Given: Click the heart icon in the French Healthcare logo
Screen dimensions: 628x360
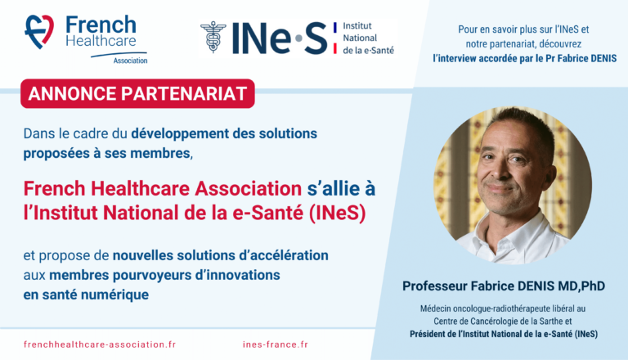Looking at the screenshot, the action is click(39, 32).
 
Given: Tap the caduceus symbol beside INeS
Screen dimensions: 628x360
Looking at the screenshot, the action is click(213, 38).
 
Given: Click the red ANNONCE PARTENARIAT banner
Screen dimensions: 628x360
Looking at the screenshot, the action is click(137, 93).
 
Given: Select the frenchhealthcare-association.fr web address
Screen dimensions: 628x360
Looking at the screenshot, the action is click(100, 344).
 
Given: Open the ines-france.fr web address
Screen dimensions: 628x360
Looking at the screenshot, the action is click(276, 344).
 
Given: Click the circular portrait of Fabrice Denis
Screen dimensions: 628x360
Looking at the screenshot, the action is click(513, 185).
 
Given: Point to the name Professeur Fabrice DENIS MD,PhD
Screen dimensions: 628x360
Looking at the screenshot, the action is click(504, 286).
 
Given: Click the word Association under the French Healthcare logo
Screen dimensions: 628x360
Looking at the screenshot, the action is click(130, 61).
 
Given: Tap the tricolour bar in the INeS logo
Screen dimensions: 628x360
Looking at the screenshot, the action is click(334, 38).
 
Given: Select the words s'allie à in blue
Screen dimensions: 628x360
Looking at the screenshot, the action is click(341, 189).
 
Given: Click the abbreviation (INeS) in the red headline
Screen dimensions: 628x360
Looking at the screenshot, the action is click(338, 213).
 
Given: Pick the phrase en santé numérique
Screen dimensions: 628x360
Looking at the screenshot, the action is click(86, 295).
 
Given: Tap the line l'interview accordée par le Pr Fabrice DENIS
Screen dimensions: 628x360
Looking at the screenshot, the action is click(525, 59).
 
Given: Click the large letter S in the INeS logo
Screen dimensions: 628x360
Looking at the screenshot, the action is click(316, 38).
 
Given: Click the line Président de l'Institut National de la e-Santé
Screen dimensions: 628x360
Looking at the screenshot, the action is click(504, 334).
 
